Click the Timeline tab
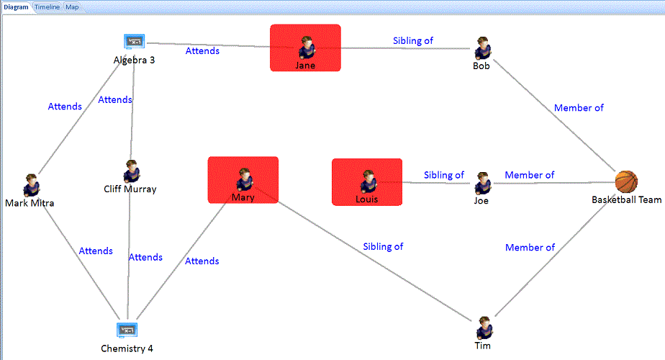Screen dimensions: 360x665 click(47, 6)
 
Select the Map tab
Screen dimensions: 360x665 click(73, 6)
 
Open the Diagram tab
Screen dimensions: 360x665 click(16, 6)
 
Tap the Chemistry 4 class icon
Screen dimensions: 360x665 click(127, 330)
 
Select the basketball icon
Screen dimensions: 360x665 click(626, 181)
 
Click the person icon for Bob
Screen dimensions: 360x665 click(482, 48)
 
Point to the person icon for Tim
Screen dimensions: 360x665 click(484, 328)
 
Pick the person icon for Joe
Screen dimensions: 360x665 click(482, 183)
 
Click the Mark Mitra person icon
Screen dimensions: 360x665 click(31, 185)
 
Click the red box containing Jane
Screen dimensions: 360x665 click(305, 48)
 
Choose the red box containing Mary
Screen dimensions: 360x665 click(243, 181)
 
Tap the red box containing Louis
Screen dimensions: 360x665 click(367, 182)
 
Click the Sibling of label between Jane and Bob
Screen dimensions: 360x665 click(413, 41)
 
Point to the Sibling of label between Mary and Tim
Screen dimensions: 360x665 click(383, 246)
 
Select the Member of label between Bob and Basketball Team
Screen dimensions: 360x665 click(579, 108)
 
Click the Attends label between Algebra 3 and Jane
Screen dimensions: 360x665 click(202, 51)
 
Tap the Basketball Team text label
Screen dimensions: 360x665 click(627, 200)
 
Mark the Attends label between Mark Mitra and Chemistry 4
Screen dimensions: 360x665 click(96, 251)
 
